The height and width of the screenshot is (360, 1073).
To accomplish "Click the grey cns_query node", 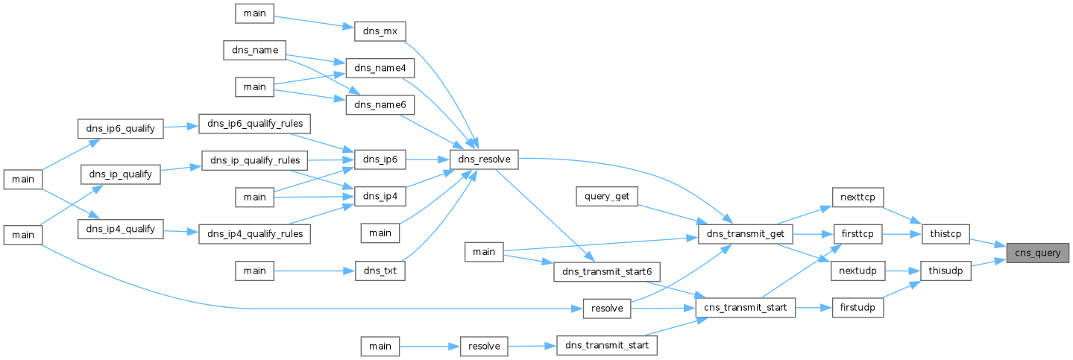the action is (1037, 253).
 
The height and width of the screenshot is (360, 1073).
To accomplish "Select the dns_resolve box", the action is (484, 160).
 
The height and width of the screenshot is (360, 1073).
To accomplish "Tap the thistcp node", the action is (945, 234).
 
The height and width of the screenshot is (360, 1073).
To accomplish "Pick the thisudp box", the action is (945, 271).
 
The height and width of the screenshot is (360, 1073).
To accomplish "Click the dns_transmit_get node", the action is (746, 234).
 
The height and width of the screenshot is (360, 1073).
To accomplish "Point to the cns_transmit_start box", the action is (746, 308).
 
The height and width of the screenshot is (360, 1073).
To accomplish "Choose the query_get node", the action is (607, 197).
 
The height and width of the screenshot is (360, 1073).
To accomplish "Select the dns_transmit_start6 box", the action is (607, 271).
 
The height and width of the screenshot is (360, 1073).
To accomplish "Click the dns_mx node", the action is (380, 31).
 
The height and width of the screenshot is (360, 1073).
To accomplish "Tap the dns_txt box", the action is (380, 271).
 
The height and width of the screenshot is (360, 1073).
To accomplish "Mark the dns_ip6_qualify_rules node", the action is (255, 124).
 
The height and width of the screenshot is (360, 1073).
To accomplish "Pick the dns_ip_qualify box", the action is (121, 174).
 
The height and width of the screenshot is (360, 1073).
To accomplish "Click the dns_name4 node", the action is (380, 68).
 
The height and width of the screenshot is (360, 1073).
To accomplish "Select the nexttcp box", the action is (858, 198).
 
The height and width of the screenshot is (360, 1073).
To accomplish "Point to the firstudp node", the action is (858, 308).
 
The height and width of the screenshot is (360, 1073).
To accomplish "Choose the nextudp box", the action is (858, 271).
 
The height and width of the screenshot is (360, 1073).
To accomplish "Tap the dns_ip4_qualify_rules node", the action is (255, 234).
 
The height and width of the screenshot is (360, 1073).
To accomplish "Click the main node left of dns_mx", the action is (255, 13).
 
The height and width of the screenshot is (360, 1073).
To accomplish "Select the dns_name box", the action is (255, 50).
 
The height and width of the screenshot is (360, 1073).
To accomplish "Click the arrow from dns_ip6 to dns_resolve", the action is (428, 160).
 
